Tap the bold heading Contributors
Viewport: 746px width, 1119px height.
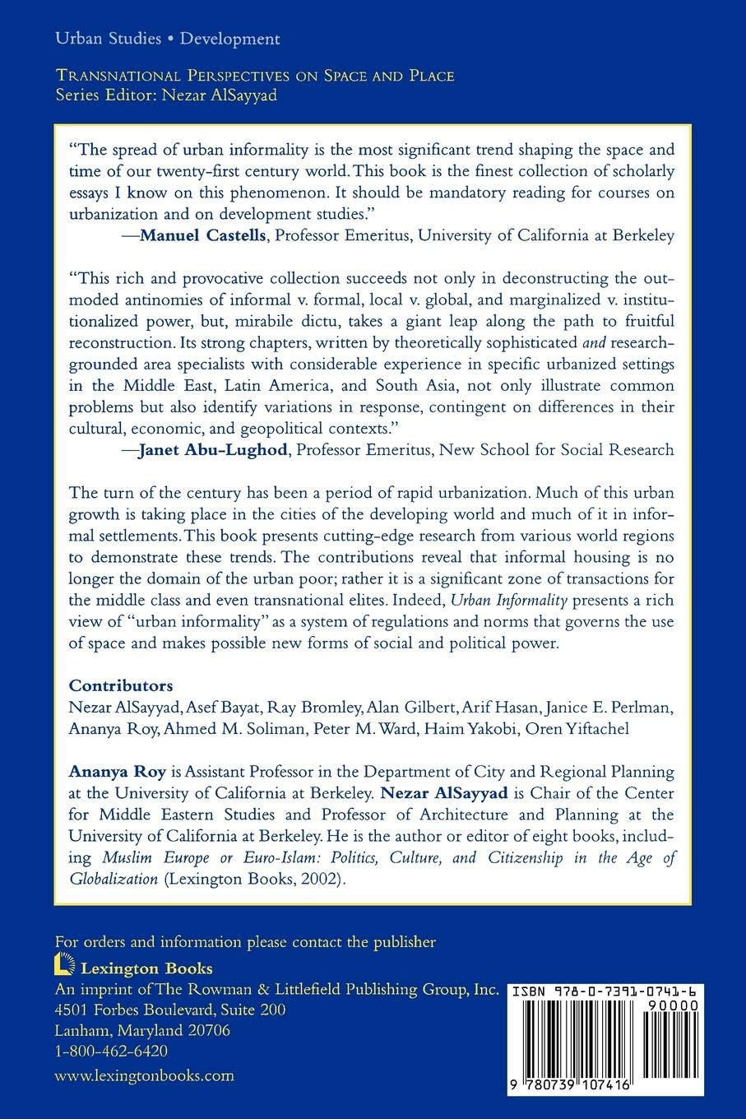121,685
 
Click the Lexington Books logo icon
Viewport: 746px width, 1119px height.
62,967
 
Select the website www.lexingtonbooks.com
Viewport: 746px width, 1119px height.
144,1075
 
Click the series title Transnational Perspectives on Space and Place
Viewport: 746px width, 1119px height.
254,76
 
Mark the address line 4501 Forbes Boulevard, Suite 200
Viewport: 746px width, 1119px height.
169,1010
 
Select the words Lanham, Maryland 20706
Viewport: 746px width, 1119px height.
141,1030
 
